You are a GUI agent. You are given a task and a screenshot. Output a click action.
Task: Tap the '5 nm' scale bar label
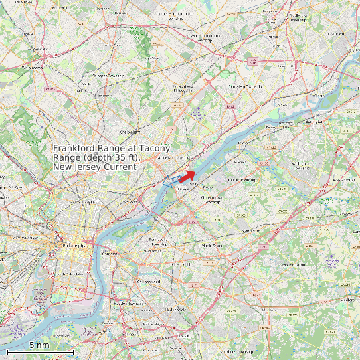(x=39, y=345)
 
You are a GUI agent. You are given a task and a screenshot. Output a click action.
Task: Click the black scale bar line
(x=40, y=351)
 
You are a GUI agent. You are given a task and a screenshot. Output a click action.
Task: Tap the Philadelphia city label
(x=73, y=246)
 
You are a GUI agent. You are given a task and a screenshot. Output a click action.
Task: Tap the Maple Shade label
(x=208, y=246)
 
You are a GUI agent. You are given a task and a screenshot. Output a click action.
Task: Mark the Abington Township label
(x=109, y=76)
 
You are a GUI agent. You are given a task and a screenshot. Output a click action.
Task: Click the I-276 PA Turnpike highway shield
(x=252, y=61)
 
